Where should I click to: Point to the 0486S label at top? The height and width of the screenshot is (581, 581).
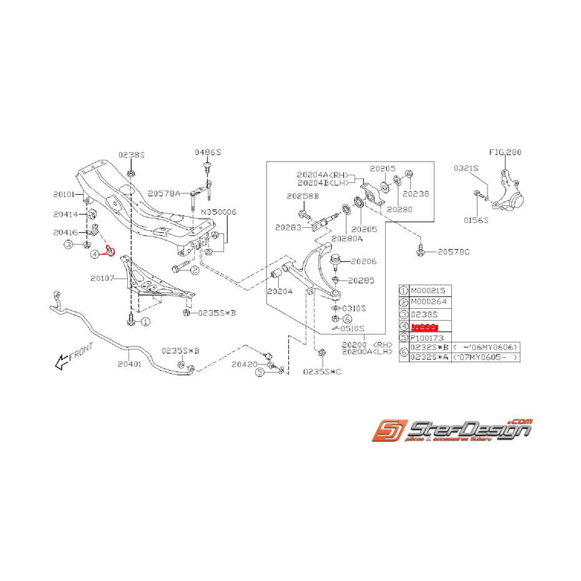(208, 152)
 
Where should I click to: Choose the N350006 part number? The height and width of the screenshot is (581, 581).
(218, 212)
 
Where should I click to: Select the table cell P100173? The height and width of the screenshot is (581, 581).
(429, 338)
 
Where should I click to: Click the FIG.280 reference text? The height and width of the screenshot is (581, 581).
(505, 152)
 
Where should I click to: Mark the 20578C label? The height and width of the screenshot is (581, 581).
(454, 252)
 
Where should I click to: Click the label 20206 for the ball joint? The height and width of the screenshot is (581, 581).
(364, 261)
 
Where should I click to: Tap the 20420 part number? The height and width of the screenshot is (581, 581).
(244, 364)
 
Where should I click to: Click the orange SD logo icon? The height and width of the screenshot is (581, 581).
(388, 431)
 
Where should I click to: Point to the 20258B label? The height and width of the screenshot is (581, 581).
(303, 196)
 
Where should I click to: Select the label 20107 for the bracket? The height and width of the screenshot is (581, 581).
(103, 278)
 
